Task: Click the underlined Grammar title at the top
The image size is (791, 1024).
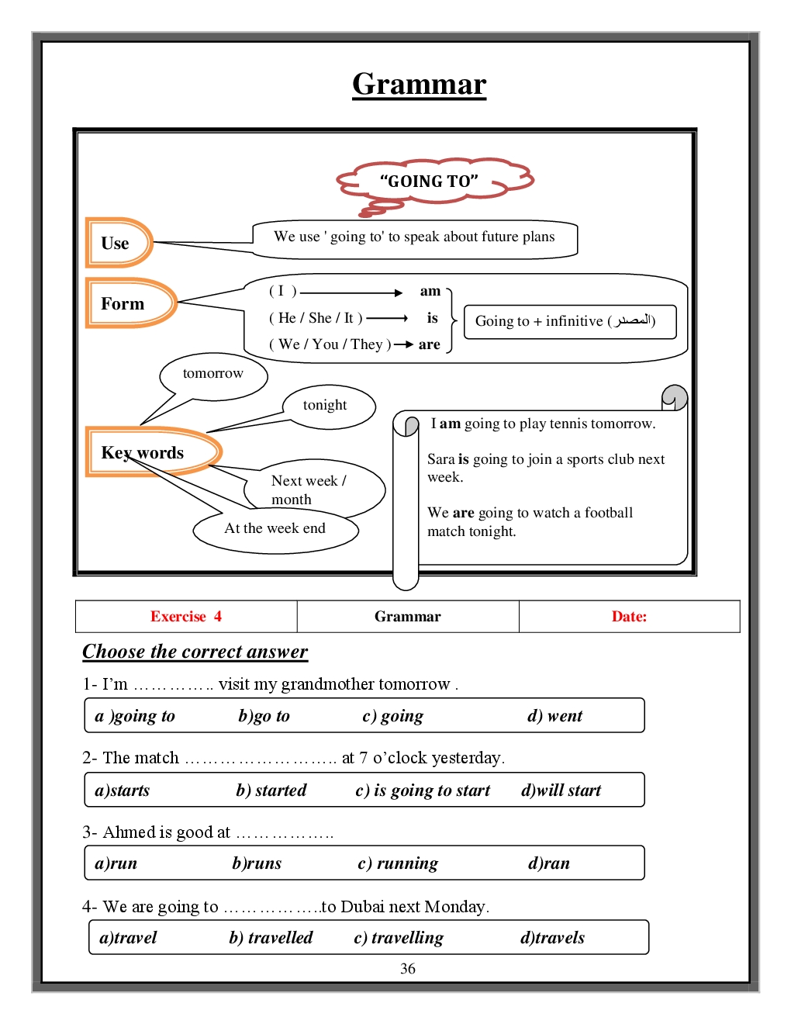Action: coord(419,84)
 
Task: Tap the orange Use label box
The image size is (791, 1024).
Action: coord(116,243)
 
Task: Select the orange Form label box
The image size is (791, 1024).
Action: coord(124,303)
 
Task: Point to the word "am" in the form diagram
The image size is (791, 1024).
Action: coord(430,292)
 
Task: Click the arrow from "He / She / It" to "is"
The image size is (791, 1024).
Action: coord(387,318)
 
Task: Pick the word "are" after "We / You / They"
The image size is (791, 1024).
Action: coord(429,344)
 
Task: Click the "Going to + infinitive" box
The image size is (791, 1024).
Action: coord(569,321)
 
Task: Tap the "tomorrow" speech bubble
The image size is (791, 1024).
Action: coord(213,374)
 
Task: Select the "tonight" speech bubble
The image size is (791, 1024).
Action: coord(326,405)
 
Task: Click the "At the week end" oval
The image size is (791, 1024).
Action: coord(275,529)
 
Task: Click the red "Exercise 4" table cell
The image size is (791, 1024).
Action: coord(186,617)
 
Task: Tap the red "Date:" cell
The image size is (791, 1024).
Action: coord(629,617)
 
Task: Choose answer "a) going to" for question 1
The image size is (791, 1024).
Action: coord(135,716)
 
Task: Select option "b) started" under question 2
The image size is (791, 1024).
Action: coord(271,790)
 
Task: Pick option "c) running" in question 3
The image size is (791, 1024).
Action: coord(398,863)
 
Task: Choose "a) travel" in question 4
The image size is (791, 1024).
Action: coord(128,938)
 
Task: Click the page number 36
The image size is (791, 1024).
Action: coord(408,969)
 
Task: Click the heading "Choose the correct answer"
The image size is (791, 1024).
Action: coord(195,652)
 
